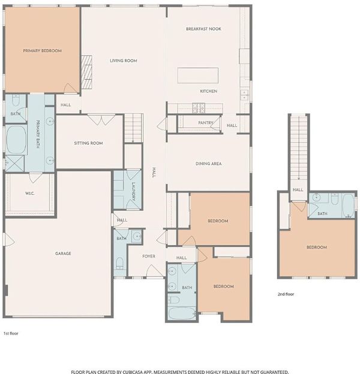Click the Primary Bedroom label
[x=42, y=50]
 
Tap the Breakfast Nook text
[x=203, y=29]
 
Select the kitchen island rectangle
[x=197, y=76]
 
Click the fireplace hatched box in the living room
[x=86, y=73]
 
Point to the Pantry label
[x=206, y=123]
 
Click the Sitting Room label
[x=88, y=143]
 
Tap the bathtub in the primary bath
[x=16, y=140]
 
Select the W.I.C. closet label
[x=30, y=193]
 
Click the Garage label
[x=63, y=254]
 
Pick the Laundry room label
[x=133, y=191]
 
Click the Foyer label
[x=149, y=256]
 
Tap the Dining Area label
[x=208, y=164]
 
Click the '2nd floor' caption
[x=286, y=294]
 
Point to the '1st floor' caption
[x=11, y=333]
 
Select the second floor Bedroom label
[x=317, y=247]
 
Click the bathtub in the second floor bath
[x=349, y=206]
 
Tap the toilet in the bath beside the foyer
[x=119, y=263]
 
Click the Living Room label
[x=124, y=61]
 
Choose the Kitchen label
[x=208, y=91]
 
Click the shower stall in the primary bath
[x=15, y=164]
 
